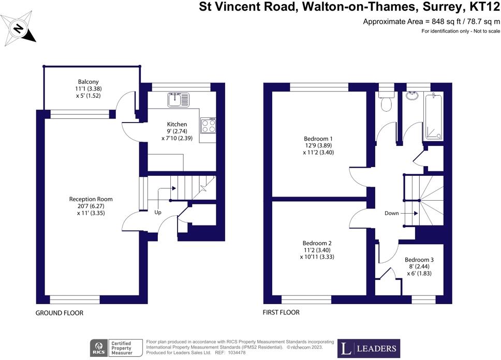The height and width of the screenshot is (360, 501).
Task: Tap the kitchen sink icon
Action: click(x=179, y=98)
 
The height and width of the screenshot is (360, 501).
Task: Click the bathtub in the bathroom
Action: click(x=433, y=117)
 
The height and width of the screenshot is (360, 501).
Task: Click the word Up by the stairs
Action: click(x=158, y=212)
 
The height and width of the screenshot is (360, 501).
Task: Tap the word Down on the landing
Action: click(x=392, y=213)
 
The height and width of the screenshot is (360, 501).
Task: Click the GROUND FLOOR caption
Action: click(x=60, y=313)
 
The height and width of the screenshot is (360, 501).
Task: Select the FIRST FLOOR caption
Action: click(x=282, y=312)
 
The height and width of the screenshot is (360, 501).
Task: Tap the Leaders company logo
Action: click(x=369, y=348)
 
